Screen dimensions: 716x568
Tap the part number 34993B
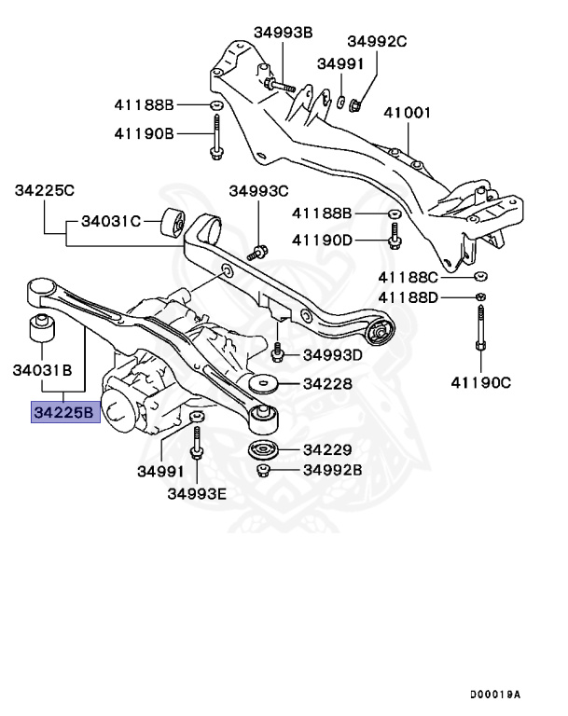pyautogui.click(x=284, y=32)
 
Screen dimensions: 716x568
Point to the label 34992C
pyautogui.click(x=378, y=41)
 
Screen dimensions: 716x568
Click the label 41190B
pyautogui.click(x=144, y=133)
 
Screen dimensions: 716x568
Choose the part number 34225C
pyautogui.click(x=44, y=190)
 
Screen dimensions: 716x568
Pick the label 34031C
pyautogui.click(x=110, y=221)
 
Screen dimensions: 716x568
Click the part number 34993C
pyautogui.click(x=259, y=191)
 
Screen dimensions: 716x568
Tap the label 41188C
pyautogui.click(x=408, y=277)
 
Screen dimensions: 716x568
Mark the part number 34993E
pyautogui.click(x=197, y=493)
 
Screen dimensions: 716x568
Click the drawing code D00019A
pyautogui.click(x=494, y=695)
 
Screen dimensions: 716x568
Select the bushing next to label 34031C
pyautogui.click(x=172, y=224)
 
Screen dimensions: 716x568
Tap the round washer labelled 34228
pyautogui.click(x=264, y=384)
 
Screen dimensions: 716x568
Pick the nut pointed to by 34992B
pyautogui.click(x=264, y=470)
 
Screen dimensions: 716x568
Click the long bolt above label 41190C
pyautogui.click(x=478, y=331)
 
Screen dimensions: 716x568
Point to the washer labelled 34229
pyautogui.click(x=264, y=451)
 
